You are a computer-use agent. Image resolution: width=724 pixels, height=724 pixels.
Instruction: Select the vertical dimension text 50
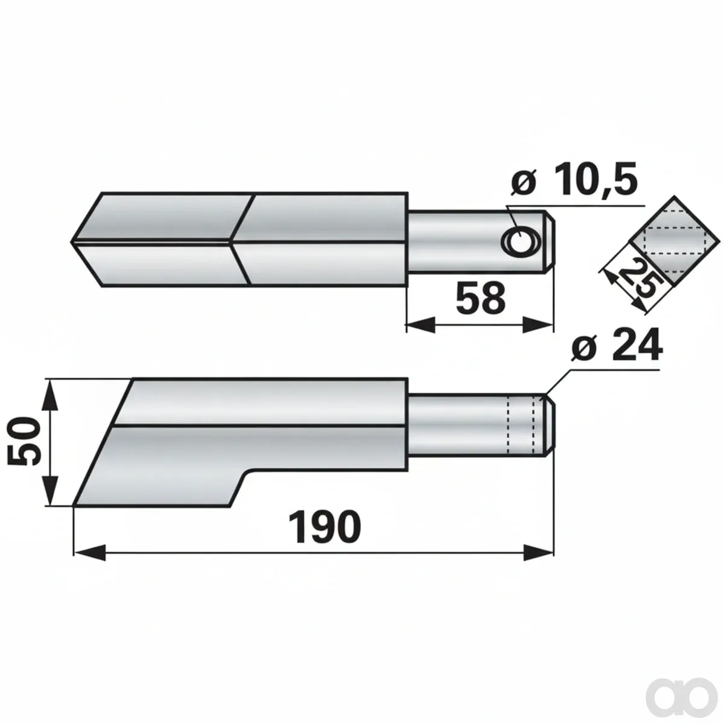coord(24,441)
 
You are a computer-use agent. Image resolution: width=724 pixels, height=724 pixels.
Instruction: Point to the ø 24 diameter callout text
coord(616,345)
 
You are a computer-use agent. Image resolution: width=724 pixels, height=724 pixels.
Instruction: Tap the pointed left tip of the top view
coord(71,241)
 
